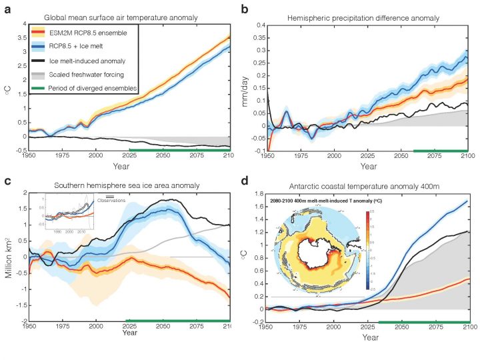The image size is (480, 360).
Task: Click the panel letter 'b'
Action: [x=245, y=9]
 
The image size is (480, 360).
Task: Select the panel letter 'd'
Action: [x=245, y=181]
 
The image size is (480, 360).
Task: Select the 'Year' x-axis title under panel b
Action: [x=369, y=166]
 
